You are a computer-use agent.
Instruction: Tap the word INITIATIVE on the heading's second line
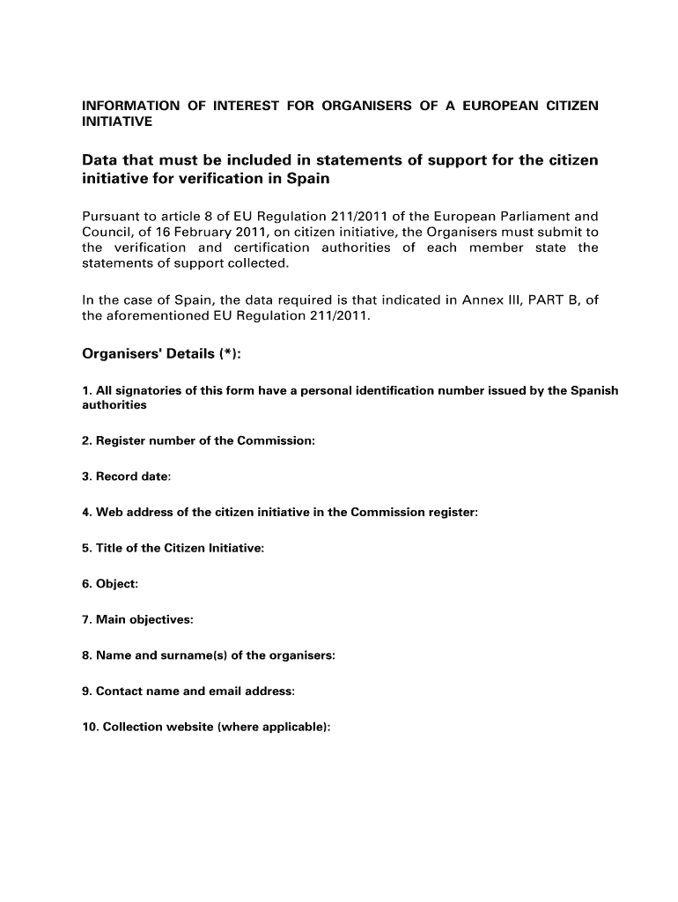[117, 122]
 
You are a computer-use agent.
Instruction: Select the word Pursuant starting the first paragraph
[112, 216]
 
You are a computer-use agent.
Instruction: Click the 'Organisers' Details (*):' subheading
[161, 354]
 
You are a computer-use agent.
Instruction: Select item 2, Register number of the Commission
[198, 440]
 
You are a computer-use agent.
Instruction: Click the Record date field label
[127, 477]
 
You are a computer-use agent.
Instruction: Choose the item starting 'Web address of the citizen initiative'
[280, 513]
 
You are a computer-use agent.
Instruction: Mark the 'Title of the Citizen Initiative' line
[173, 548]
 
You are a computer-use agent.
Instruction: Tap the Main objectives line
[137, 620]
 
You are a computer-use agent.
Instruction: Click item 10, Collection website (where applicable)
[206, 728]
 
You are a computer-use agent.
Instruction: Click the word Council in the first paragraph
[107, 232]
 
